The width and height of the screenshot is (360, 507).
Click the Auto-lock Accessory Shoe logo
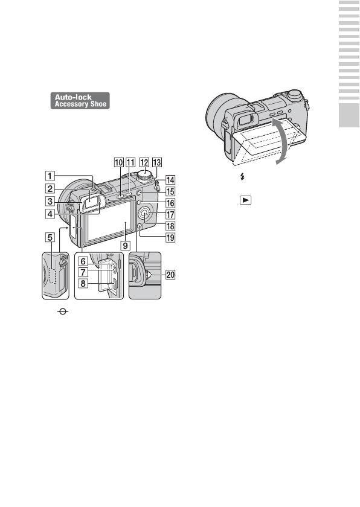click(x=80, y=101)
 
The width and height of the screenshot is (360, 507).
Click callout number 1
click(x=50, y=176)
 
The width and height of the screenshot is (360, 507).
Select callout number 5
click(x=50, y=237)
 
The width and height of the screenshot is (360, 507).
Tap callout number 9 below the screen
click(x=126, y=246)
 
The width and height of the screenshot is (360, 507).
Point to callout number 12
click(x=144, y=162)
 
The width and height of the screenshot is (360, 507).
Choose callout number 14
click(x=170, y=180)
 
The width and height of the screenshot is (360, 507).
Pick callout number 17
click(x=170, y=214)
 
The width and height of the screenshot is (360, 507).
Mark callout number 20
click(x=170, y=275)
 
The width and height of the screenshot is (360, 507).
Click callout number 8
click(x=83, y=283)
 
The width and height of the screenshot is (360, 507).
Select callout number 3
click(x=50, y=201)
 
